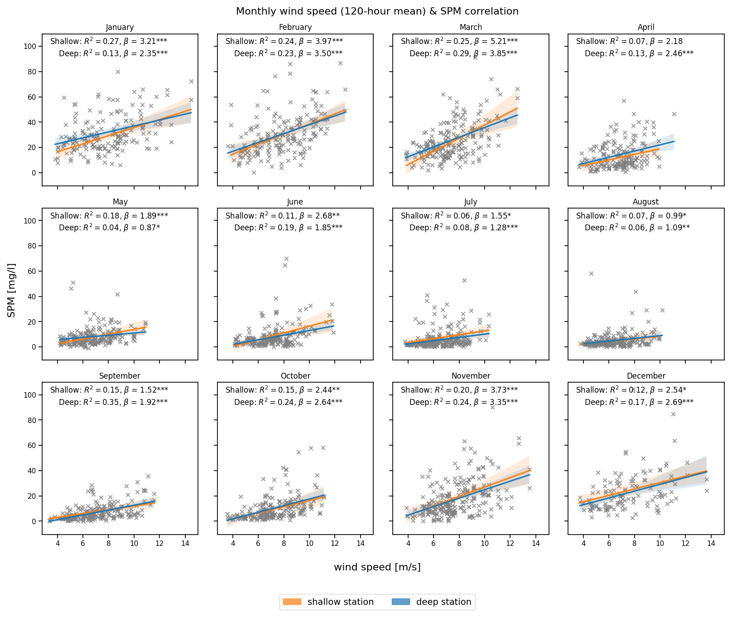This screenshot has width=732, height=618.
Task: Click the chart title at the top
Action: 377,11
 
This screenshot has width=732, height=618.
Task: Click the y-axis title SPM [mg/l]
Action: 12,290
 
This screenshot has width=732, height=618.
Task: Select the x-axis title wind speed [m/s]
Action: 377,567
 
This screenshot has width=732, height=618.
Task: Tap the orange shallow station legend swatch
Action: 292,602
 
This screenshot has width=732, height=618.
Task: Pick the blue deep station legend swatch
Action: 400,602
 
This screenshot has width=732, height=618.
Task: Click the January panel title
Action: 120,28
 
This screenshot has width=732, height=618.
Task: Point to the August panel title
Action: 645,202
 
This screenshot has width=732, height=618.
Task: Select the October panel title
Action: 295,376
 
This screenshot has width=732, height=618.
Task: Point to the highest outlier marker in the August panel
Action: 591,273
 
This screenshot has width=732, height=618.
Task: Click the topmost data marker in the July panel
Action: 464,280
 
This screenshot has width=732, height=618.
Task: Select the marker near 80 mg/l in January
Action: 118,72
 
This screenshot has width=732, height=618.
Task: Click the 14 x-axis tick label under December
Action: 711,544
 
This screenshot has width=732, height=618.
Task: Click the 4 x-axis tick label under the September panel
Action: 58,544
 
